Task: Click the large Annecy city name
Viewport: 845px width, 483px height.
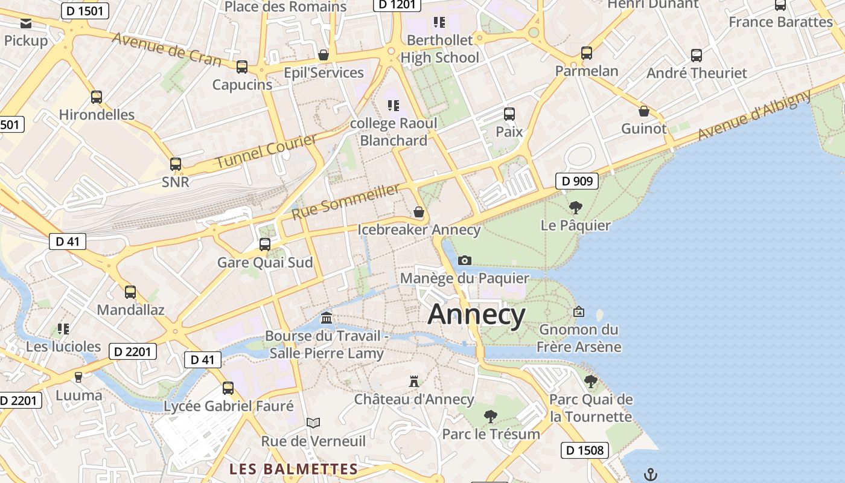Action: click(x=476, y=315)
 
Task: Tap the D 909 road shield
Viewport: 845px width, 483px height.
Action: click(x=576, y=181)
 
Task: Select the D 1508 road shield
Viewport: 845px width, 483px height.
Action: click(x=584, y=450)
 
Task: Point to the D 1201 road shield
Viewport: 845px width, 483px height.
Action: click(x=396, y=4)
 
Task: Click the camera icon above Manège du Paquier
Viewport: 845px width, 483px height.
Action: click(x=465, y=260)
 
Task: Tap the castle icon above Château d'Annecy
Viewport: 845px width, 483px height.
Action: click(x=414, y=382)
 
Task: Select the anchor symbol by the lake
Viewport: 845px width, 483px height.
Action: click(x=650, y=474)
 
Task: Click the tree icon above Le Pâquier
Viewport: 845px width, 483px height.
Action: click(x=576, y=208)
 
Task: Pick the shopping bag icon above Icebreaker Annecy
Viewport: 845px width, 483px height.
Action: click(x=419, y=212)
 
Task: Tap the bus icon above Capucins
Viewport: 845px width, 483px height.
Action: click(x=242, y=67)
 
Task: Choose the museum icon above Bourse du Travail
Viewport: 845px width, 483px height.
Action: click(x=327, y=318)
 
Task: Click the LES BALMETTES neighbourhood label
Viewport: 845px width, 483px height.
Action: click(x=294, y=469)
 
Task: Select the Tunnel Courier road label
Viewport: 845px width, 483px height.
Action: click(x=266, y=152)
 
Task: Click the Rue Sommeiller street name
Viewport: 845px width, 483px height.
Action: click(x=345, y=202)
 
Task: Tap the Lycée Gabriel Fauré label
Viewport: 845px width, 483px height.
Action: click(x=229, y=406)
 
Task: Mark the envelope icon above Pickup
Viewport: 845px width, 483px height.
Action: click(x=26, y=24)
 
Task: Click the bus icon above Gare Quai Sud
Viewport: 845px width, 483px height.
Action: click(x=265, y=245)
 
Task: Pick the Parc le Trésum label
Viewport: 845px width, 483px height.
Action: click(x=491, y=434)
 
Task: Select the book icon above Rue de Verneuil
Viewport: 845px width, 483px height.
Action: click(x=313, y=423)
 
